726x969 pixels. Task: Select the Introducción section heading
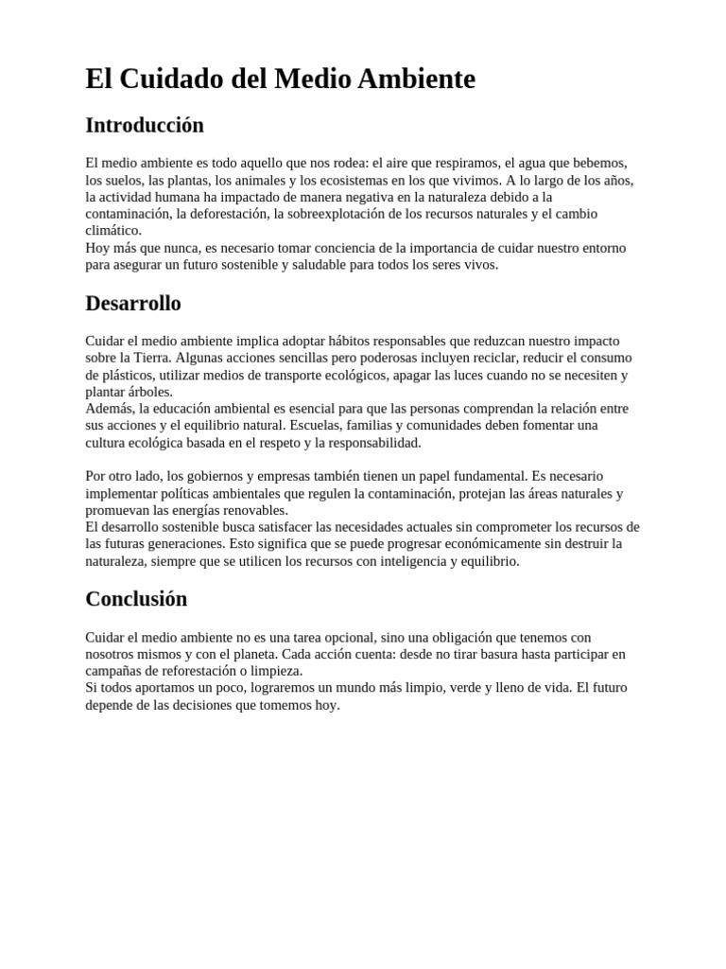pyautogui.click(x=145, y=125)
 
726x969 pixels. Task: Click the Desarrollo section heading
pyautogui.click(x=133, y=304)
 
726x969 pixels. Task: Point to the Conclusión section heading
pyautogui.click(x=136, y=599)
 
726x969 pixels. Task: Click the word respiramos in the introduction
pyautogui.click(x=463, y=163)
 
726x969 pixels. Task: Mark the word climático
pyautogui.click(x=113, y=231)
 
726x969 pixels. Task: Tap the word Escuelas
pyautogui.click(x=317, y=426)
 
